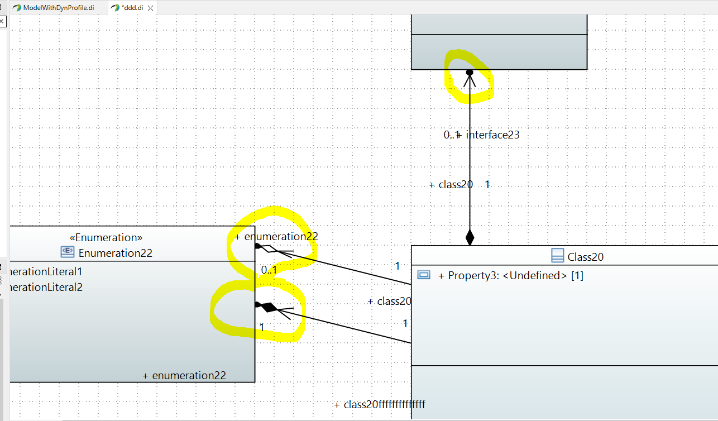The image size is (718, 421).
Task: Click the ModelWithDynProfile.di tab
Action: [58, 8]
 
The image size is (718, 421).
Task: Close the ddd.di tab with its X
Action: [150, 8]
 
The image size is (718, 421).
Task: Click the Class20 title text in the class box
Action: [585, 257]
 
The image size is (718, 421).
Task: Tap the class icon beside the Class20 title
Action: [557, 256]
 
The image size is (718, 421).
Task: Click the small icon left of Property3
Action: [424, 275]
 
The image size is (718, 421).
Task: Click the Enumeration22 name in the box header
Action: [115, 253]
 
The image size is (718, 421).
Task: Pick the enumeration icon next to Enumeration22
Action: [67, 252]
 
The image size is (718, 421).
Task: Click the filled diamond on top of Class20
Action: [470, 237]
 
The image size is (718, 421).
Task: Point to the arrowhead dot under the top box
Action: [470, 73]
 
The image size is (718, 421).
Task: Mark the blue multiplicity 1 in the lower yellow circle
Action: [262, 327]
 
